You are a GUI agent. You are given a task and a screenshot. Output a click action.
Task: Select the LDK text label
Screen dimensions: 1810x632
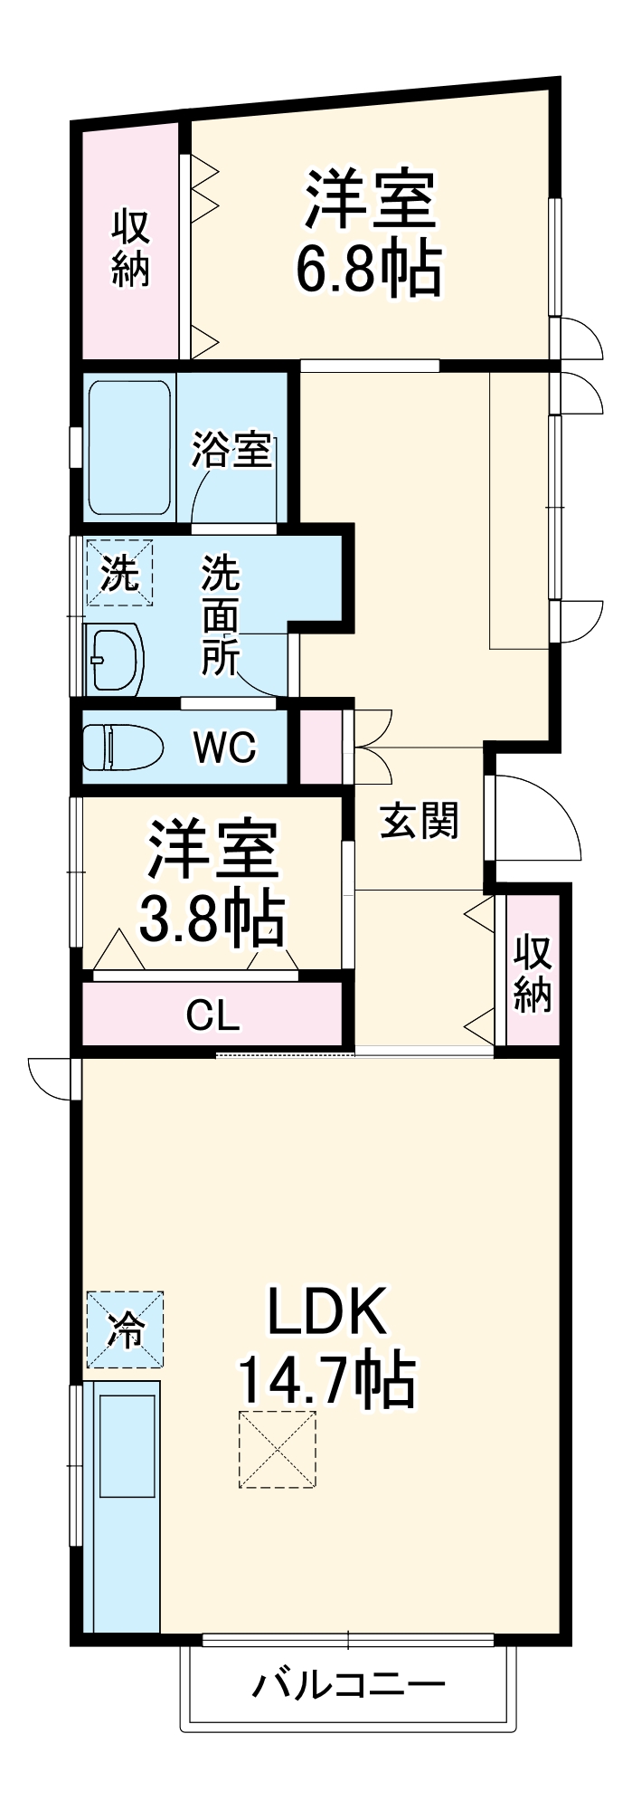327,1311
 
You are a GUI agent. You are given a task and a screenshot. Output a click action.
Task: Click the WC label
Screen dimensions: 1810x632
224,748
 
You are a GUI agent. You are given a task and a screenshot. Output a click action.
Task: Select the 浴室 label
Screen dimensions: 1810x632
231,449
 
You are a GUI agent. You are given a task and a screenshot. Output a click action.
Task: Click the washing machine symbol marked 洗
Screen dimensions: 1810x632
119,573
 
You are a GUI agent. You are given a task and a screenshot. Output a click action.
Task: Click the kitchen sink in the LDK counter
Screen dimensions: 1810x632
127,1446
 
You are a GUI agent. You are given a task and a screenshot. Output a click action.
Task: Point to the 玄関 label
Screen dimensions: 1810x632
419,820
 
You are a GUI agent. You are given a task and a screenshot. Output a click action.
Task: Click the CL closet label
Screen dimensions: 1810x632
213,1015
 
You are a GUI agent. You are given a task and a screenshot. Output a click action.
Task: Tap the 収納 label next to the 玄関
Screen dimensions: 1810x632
533,974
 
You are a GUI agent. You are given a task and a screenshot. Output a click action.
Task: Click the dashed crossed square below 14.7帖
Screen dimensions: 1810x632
278,1449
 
